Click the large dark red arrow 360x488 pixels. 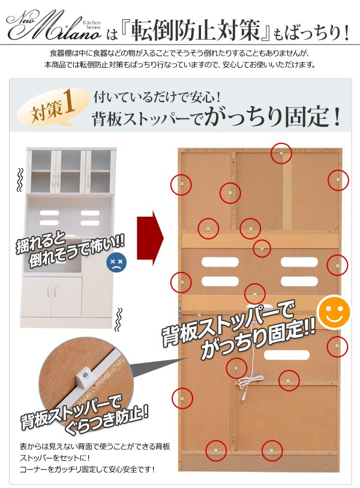150,238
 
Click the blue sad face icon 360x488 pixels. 116,262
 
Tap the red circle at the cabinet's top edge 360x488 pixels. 281,154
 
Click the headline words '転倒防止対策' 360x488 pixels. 195,31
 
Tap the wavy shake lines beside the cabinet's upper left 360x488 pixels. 20,179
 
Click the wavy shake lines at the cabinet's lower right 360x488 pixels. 118,319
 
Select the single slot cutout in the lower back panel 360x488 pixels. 287,355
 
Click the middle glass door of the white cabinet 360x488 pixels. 71,171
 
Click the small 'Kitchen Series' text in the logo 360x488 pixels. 92,25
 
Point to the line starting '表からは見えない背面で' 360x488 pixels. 95,447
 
